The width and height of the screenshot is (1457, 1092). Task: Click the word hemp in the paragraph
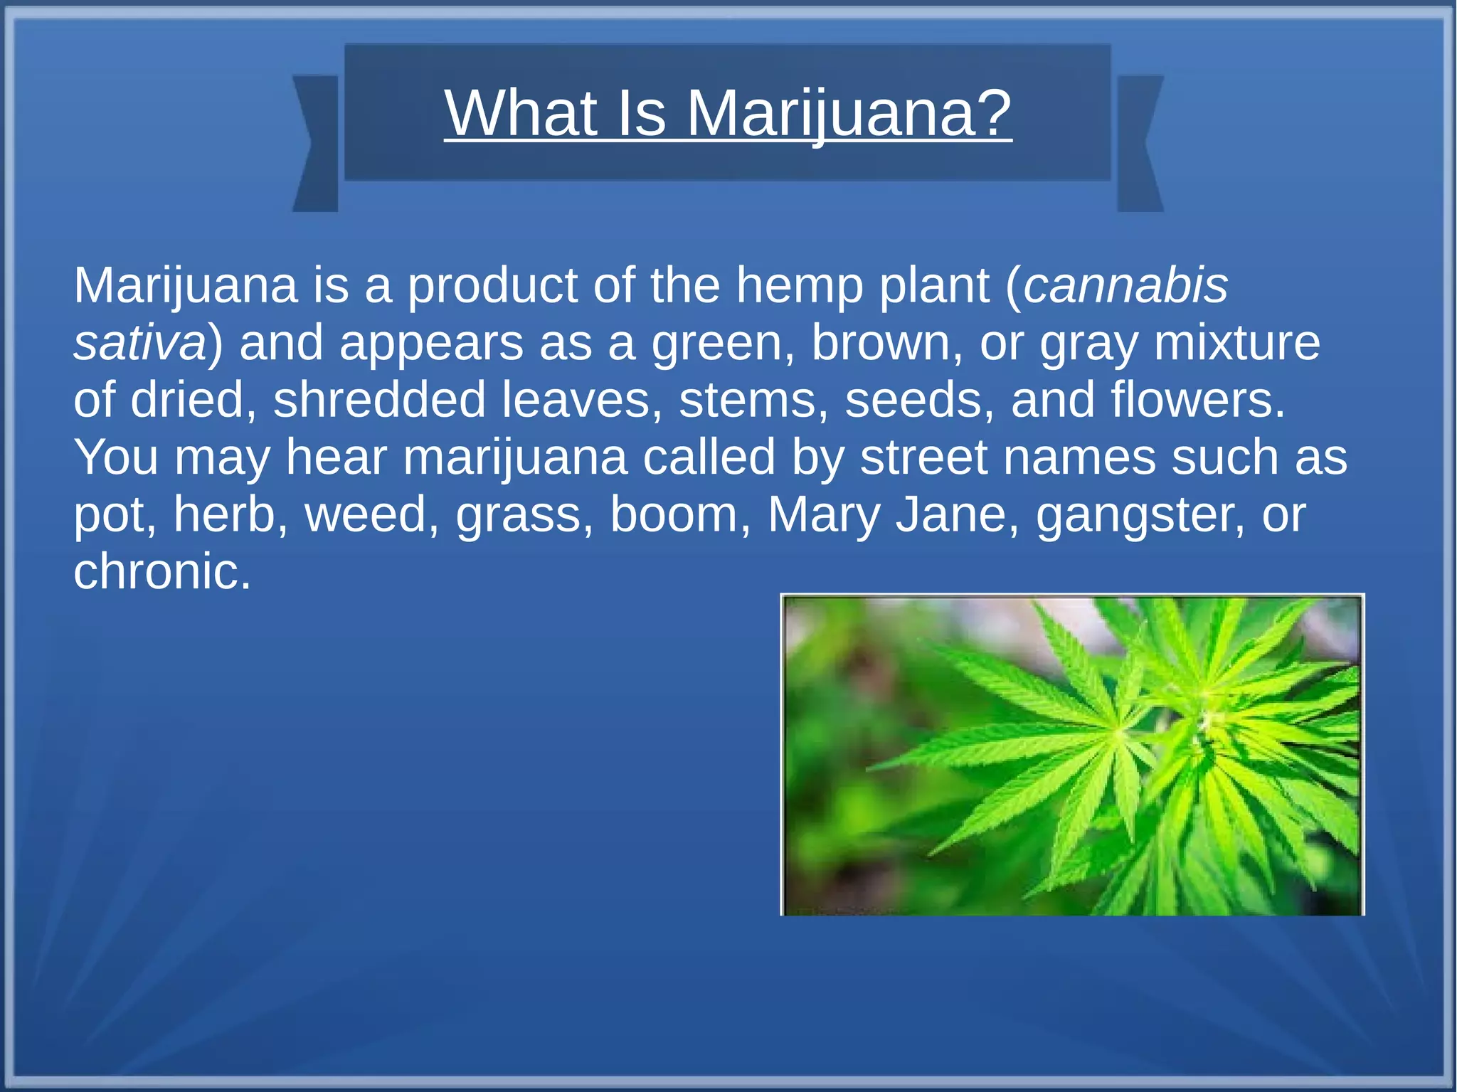[798, 285]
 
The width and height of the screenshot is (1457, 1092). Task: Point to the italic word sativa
[139, 343]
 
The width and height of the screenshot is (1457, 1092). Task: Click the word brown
[886, 343]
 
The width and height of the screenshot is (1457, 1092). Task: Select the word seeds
[918, 400]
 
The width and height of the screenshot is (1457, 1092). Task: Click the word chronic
[162, 571]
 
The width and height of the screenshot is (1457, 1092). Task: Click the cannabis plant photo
[1072, 755]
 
